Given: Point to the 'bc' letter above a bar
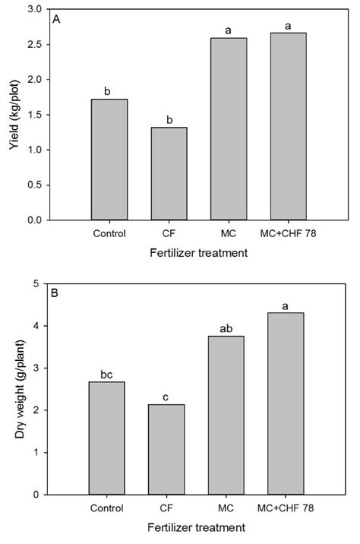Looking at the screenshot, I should tap(108, 373).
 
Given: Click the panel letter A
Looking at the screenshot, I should tap(56, 21).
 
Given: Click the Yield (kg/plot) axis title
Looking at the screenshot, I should tap(13, 114).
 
